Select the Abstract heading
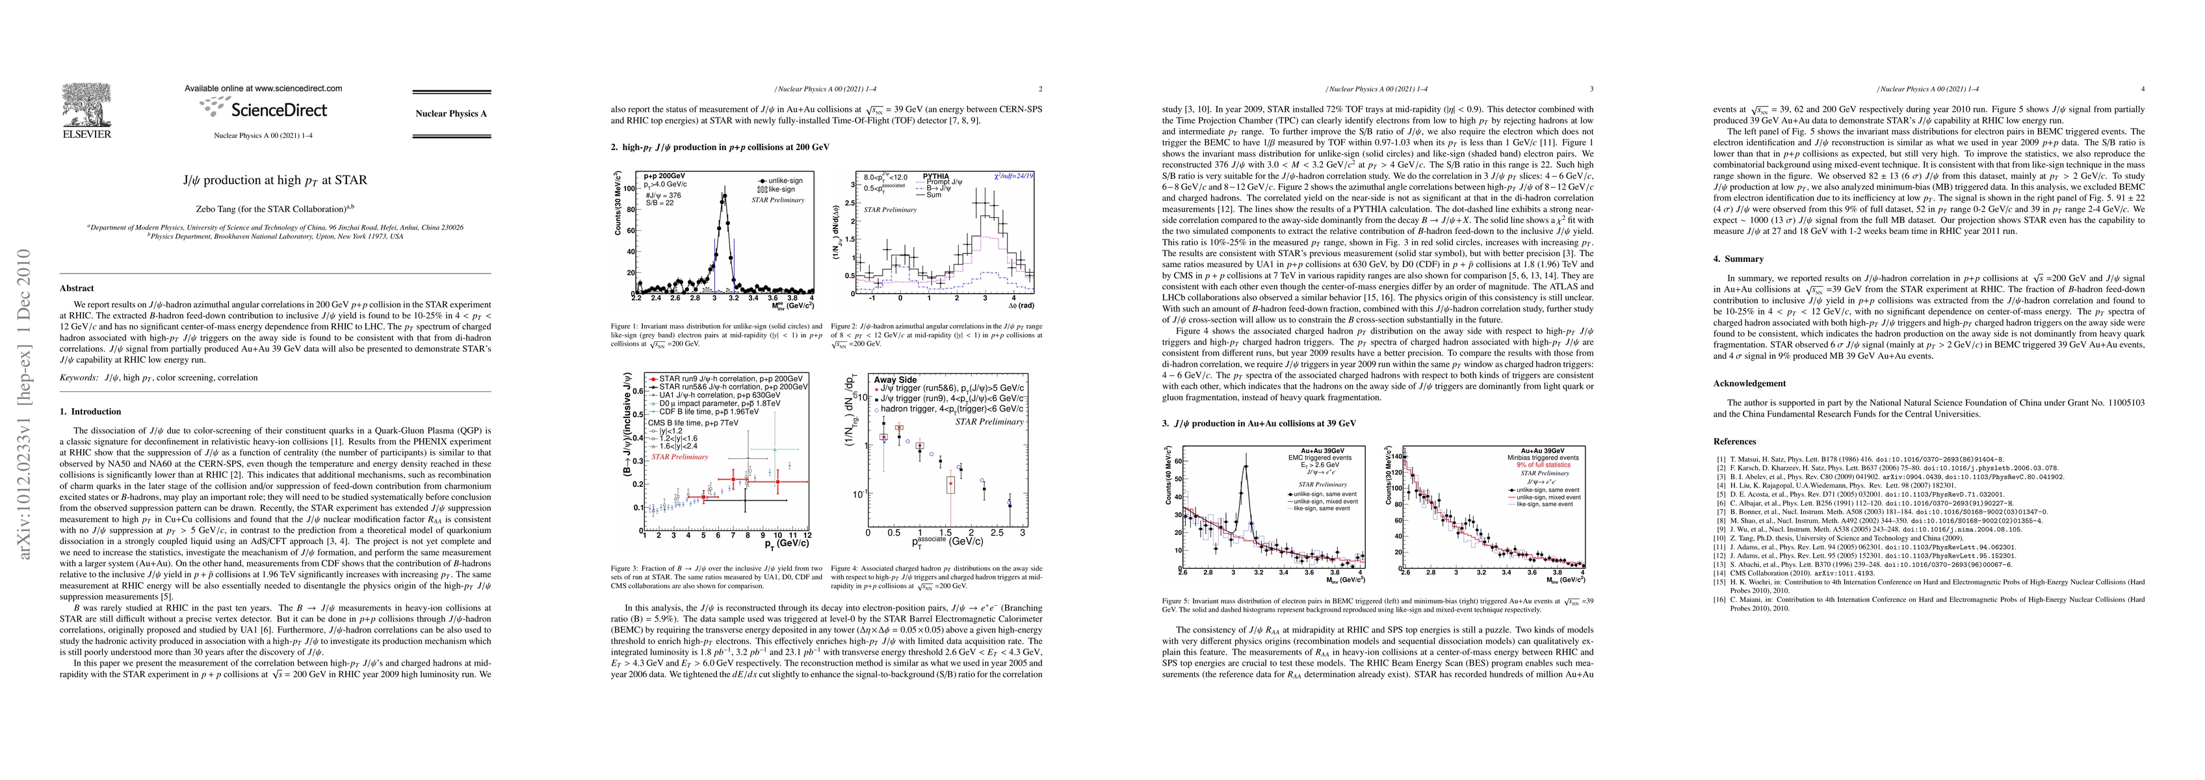click(x=77, y=289)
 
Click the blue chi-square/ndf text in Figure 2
click(x=1013, y=176)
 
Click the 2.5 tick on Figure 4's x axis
click(x=997, y=532)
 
